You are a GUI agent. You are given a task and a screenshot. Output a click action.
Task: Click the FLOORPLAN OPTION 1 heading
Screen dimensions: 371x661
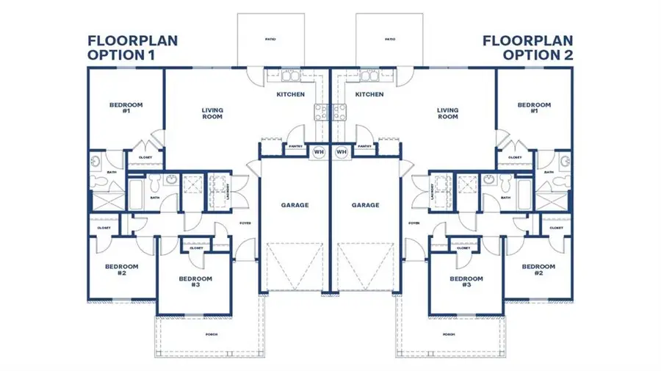click(x=132, y=47)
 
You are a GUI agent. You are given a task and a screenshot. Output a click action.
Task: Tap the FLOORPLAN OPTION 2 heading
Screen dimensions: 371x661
click(x=527, y=47)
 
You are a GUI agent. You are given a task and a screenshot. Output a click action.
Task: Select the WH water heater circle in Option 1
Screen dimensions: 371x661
click(x=319, y=152)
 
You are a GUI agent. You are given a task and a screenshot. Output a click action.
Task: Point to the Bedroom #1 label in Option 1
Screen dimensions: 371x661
click(x=126, y=108)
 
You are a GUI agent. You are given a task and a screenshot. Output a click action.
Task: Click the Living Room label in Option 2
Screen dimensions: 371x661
click(x=447, y=114)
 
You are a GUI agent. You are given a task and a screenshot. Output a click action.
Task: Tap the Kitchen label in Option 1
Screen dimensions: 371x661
click(x=291, y=95)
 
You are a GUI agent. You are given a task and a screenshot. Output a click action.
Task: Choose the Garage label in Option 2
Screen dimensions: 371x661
click(x=365, y=205)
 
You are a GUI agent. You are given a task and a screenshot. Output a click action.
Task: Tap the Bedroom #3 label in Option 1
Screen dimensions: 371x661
click(x=195, y=281)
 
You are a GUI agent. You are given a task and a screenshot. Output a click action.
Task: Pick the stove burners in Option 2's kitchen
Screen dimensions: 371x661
click(x=341, y=112)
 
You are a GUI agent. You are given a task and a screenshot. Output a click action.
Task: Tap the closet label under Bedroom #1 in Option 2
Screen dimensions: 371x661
click(x=515, y=157)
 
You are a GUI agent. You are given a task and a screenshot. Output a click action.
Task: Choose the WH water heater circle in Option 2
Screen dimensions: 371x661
click(x=341, y=152)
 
